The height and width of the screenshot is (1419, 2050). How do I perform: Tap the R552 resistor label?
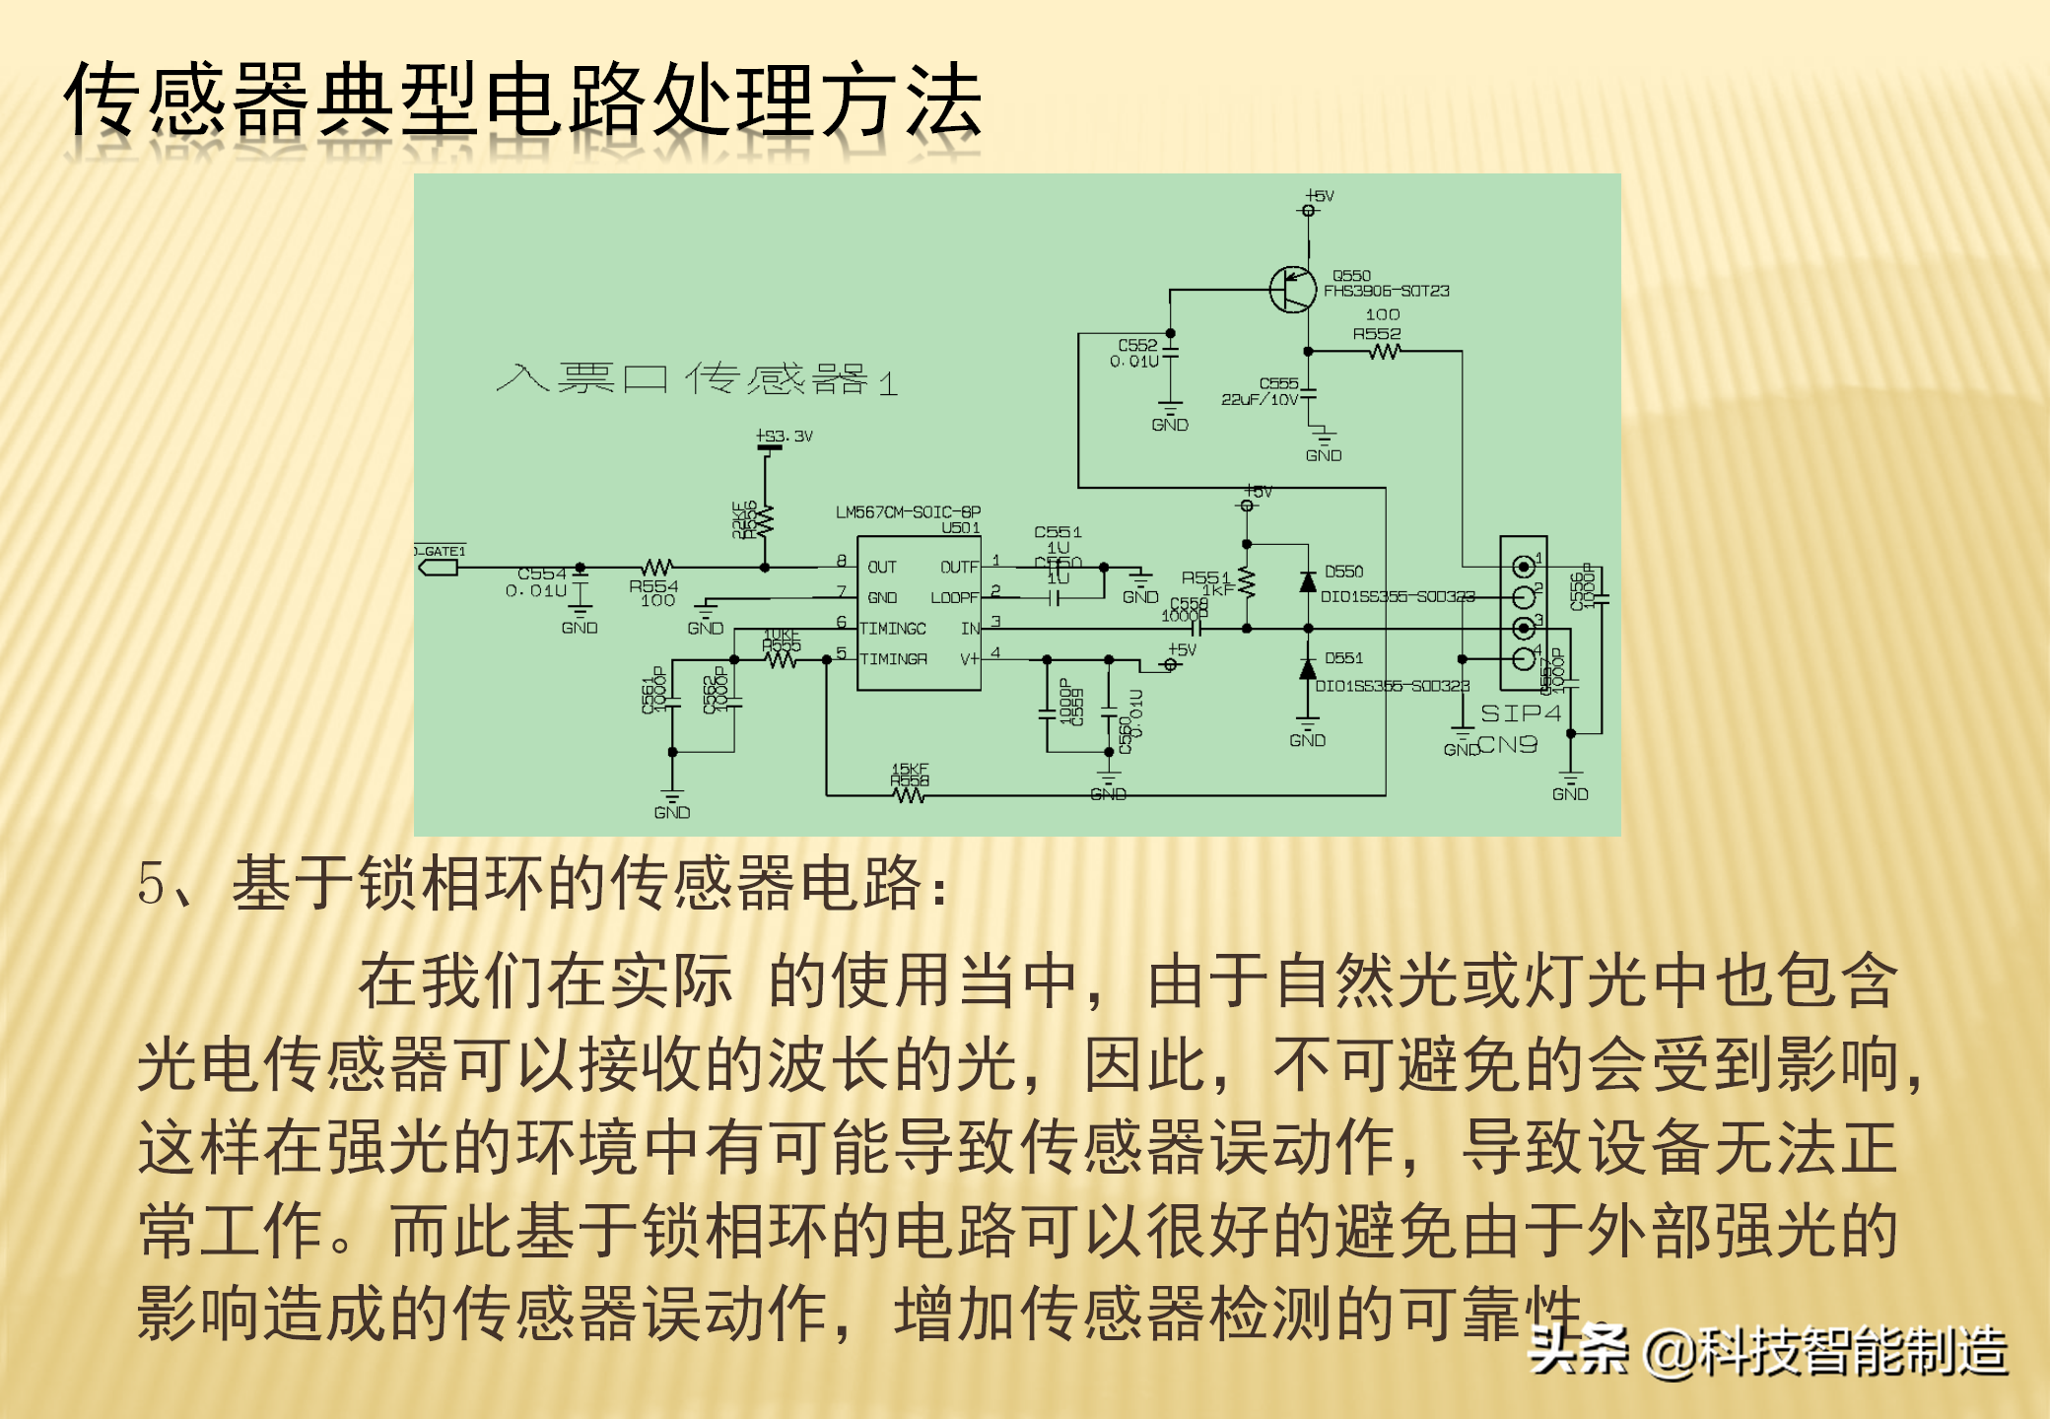pyautogui.click(x=1376, y=334)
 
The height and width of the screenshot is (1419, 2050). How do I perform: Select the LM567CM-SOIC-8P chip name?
pyautogui.click(x=908, y=512)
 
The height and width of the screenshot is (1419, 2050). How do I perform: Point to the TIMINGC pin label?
pyautogui.click(x=893, y=629)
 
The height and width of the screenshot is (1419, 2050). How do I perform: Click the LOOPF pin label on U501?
pyautogui.click(x=954, y=598)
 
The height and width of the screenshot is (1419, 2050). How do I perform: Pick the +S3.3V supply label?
pyautogui.click(x=785, y=436)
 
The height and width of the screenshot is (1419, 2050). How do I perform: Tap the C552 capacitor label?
pyautogui.click(x=1137, y=345)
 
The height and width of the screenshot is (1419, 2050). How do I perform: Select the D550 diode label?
pyautogui.click(x=1343, y=572)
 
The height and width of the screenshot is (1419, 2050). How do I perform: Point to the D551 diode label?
pyautogui.click(x=1343, y=658)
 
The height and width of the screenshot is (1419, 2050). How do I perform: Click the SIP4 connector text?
pyautogui.click(x=1521, y=712)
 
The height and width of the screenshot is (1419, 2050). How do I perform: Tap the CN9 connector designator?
pyautogui.click(x=1508, y=745)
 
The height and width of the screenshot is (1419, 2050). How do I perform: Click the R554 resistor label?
pyautogui.click(x=653, y=586)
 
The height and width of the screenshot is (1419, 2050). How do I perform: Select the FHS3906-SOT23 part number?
pyautogui.click(x=1386, y=291)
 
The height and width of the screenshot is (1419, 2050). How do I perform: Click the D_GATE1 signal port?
pyautogui.click(x=439, y=568)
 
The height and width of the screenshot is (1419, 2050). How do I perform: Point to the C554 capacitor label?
pyautogui.click(x=542, y=574)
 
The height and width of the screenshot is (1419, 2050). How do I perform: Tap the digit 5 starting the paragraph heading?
pyautogui.click(x=151, y=883)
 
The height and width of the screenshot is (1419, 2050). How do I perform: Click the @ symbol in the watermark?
pyautogui.click(x=1668, y=1352)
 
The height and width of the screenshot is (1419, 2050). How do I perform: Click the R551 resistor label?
pyautogui.click(x=1205, y=577)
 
